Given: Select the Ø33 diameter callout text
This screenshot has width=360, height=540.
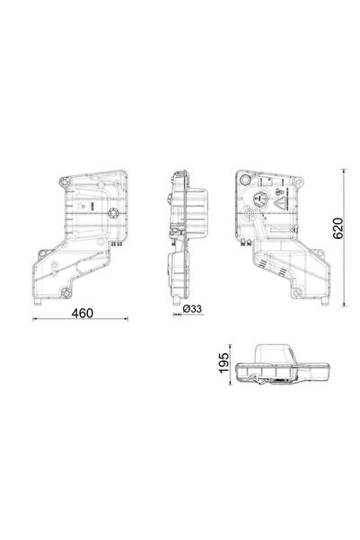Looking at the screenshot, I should pos(191,309).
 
